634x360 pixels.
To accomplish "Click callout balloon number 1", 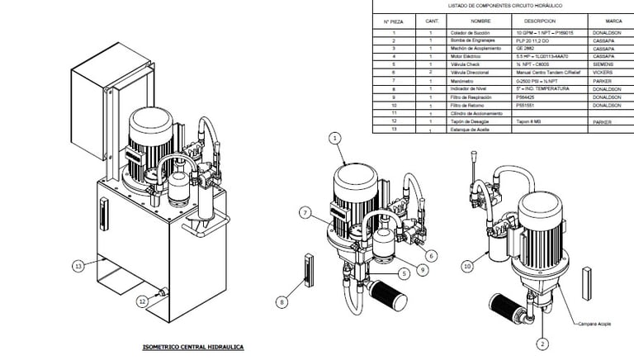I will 335,138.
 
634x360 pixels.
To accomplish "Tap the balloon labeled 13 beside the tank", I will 78,266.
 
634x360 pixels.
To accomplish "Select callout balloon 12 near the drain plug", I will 143,301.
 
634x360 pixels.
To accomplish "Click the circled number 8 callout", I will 282,303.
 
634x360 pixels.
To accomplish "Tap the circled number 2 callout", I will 542,343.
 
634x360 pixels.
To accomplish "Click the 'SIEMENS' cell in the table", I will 603,64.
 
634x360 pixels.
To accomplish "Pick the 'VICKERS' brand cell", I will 603,72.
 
